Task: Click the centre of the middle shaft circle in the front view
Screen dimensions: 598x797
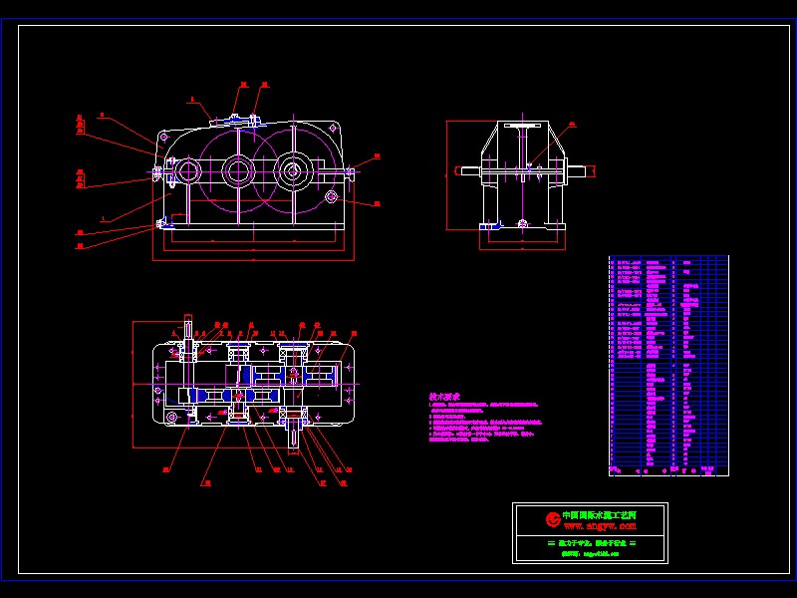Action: point(237,171)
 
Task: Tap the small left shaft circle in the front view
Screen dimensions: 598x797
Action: point(186,171)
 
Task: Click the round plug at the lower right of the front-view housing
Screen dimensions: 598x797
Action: point(332,196)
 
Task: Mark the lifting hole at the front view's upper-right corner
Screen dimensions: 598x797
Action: point(332,129)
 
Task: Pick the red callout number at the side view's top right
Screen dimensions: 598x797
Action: point(572,126)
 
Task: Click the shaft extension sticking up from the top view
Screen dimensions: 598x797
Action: point(188,329)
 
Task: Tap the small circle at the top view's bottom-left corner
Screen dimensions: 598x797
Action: point(171,417)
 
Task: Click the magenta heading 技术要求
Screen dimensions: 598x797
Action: point(444,396)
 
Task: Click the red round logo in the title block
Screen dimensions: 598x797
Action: point(553,518)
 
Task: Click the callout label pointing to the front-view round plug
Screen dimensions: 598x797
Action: point(377,204)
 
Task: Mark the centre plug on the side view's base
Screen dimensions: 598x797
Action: point(522,224)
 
